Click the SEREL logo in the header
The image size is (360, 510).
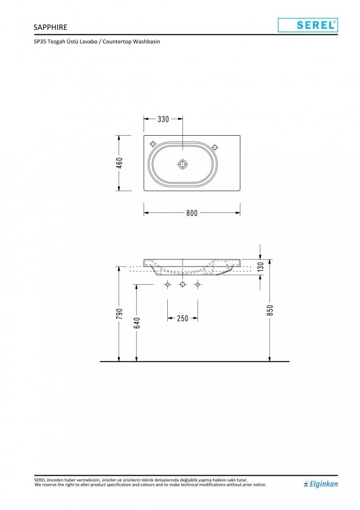[x=308, y=25]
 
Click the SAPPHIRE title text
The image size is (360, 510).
[x=51, y=27]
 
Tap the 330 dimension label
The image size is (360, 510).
[x=164, y=119]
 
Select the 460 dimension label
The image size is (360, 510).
[x=120, y=163]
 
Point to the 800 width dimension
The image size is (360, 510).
[x=192, y=213]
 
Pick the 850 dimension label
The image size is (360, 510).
[x=271, y=310]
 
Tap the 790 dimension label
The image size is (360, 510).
[x=120, y=313]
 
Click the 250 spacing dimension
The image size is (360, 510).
[x=182, y=318]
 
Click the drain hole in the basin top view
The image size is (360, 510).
[x=182, y=164]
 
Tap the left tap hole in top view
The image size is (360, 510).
[x=153, y=144]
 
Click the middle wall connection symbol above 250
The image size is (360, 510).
[x=182, y=285]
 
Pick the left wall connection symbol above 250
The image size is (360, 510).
[x=167, y=285]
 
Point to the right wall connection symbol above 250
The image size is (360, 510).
[x=198, y=285]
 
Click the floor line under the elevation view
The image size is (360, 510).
[x=195, y=362]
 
